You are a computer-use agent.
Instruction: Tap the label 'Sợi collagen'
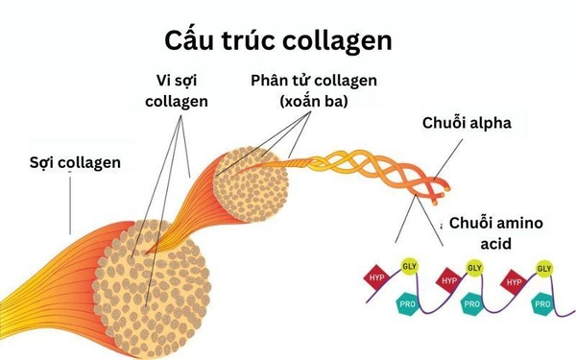tap(76, 161)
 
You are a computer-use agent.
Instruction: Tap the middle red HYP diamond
tap(447, 281)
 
